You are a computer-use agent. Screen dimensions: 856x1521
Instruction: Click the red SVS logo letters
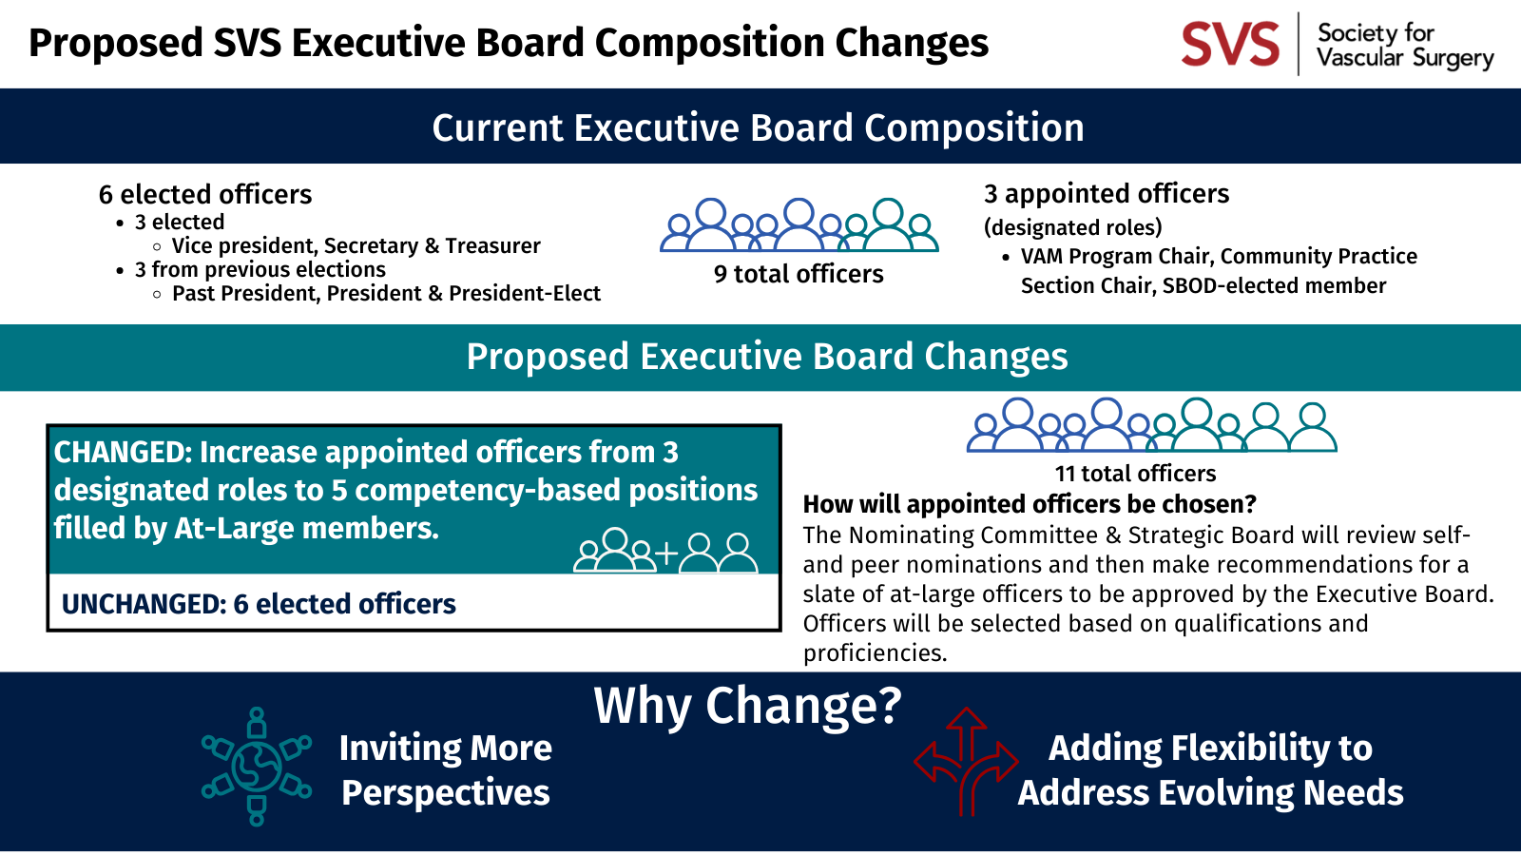(x=1230, y=45)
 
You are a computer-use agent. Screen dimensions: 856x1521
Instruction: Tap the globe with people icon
(x=256, y=766)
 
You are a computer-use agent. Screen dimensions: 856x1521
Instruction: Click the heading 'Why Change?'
(x=747, y=707)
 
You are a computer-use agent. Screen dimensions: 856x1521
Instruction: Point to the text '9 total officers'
(x=799, y=274)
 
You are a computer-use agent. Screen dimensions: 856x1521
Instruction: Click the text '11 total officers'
(x=1135, y=474)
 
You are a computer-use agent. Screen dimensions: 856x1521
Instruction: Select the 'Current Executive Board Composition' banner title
(x=758, y=128)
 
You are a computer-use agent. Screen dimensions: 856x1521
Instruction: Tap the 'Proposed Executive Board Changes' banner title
(x=766, y=357)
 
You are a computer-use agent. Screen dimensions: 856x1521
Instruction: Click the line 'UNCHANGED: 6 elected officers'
(x=259, y=604)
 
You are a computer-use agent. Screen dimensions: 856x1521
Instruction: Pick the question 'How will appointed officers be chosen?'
(x=1030, y=504)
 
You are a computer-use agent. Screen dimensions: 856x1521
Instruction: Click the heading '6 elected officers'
(x=205, y=195)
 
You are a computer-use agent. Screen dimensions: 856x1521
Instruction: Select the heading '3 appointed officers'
(x=1107, y=194)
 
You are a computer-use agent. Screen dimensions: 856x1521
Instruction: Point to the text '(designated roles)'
(x=1072, y=227)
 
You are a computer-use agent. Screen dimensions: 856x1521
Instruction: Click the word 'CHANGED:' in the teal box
(x=123, y=453)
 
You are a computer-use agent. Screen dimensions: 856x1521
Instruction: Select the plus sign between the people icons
(x=666, y=554)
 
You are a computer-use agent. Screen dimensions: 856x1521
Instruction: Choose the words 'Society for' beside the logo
(x=1376, y=33)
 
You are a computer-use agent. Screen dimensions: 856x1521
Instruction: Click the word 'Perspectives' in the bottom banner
(x=446, y=793)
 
